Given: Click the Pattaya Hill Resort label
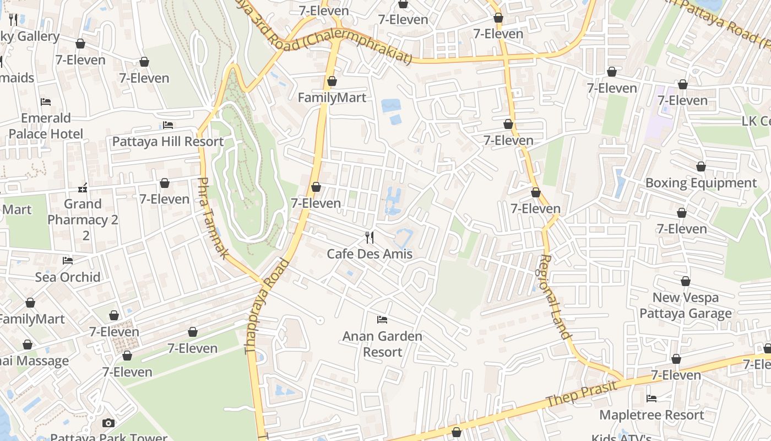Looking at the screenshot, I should (168, 142).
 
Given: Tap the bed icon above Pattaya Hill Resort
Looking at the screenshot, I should (168, 125).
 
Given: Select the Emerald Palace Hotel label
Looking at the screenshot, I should (46, 126).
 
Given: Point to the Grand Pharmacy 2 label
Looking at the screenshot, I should (83, 219).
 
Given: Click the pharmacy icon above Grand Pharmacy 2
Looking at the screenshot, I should (83, 188).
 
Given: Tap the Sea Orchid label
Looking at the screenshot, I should (68, 277).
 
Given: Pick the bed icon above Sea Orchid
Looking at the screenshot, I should (68, 260).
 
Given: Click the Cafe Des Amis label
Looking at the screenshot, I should (370, 254).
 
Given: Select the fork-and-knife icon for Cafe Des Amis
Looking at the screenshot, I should (370, 238).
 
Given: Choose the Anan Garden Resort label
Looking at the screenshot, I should (382, 344).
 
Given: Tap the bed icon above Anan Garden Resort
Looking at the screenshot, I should (382, 320).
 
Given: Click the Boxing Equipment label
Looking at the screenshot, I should (701, 183).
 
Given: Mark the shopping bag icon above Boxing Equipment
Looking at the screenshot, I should (701, 166).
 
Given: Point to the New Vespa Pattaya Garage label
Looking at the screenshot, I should (686, 305).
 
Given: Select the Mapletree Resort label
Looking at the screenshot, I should (651, 415).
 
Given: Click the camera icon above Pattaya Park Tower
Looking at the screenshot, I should (108, 423).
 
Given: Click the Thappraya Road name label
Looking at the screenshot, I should (267, 306).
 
